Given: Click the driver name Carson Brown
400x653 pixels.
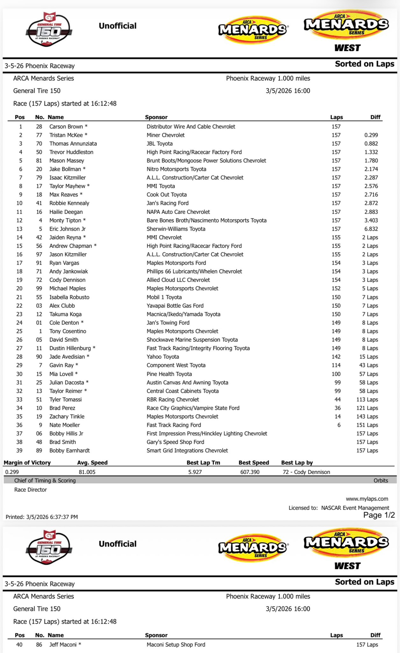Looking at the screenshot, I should pos(66,127).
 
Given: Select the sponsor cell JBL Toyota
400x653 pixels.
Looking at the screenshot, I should pos(160,143).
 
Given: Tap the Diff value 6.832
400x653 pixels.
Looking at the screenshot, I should pos(371,229).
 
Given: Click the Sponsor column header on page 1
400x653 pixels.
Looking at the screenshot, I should pos(156,117).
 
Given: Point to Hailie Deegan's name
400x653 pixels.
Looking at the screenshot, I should pos(66,212).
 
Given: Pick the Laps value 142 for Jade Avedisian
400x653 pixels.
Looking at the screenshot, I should pos(336,357).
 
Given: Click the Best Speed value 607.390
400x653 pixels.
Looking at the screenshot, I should pos(250,472).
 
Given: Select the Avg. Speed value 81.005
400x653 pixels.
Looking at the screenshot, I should pos(87,472).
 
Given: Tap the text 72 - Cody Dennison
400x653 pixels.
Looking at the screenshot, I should pos(306,472).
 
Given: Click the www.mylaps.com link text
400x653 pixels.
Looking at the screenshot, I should pos(367,499).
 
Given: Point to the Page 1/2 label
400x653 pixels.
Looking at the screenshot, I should pos(379,515).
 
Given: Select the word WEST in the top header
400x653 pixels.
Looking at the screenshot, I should pos(347,48).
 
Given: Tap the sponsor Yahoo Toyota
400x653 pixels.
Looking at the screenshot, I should pos(163,357).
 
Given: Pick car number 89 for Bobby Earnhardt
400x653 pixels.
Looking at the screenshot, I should pos(39,451).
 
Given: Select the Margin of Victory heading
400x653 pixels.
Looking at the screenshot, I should pos(27,463).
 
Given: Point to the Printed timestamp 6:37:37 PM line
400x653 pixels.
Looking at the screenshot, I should pos(42,517).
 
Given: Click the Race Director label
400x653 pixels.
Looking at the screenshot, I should pos(31,490).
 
